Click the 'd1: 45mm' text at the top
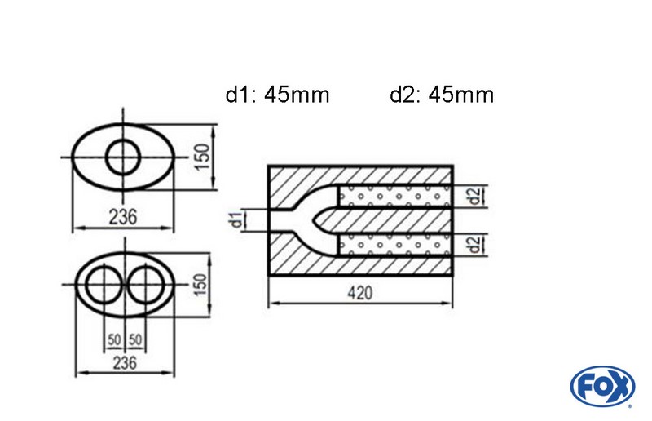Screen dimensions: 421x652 tap(277, 95)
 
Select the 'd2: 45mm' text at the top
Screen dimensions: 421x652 tap(441, 95)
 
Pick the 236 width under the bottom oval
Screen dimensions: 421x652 tap(124, 361)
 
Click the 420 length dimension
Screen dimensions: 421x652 tap(361, 292)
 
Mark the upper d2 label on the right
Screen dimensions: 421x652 tap(472, 196)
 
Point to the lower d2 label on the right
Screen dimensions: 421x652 tap(472, 243)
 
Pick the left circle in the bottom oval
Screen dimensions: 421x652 tap(101, 286)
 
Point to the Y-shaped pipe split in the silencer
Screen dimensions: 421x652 tap(314, 219)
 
